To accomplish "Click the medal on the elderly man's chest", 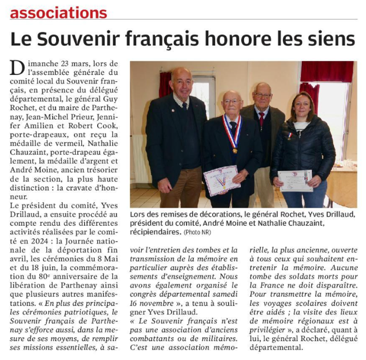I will [234, 150].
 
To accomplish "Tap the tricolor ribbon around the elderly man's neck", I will [232, 134].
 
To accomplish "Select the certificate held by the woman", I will [295, 180].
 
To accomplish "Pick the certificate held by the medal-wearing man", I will [221, 180].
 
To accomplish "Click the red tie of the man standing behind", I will [261, 119].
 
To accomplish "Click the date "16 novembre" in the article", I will [155, 303].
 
